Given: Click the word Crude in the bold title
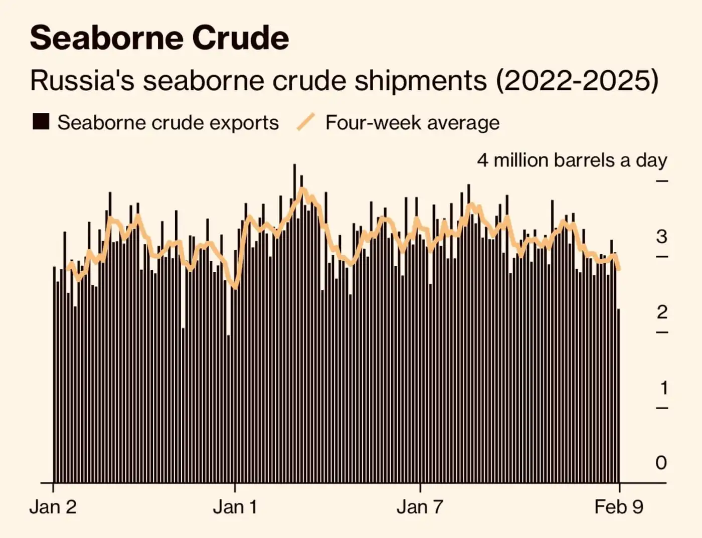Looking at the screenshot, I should pos(241,38).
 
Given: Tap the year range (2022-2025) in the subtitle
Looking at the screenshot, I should pos(577,80).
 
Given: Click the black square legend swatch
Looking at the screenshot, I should pos(41,122).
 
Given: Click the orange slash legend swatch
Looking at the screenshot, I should pos(306,122).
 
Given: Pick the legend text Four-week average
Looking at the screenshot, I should pos(412,123).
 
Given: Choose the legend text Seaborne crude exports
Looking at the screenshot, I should pos(168,123).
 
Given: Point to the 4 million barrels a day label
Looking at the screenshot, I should pos(572,160).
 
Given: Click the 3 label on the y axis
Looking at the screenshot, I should pos(661,237).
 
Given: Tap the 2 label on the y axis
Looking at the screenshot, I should pos(662,312).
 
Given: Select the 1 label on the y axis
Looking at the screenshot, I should pos(663,388).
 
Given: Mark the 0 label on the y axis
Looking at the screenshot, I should pos(661,463).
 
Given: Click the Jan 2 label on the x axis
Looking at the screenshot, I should pos(53,507).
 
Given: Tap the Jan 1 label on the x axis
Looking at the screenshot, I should pos(235,507).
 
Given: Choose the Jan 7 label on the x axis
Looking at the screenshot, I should pos(420,507).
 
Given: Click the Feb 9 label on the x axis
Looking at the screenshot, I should pos(618,507).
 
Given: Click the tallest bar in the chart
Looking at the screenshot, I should pos(294,321).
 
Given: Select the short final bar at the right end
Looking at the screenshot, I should pos(618,396).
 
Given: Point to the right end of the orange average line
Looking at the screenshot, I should pos(619,269).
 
